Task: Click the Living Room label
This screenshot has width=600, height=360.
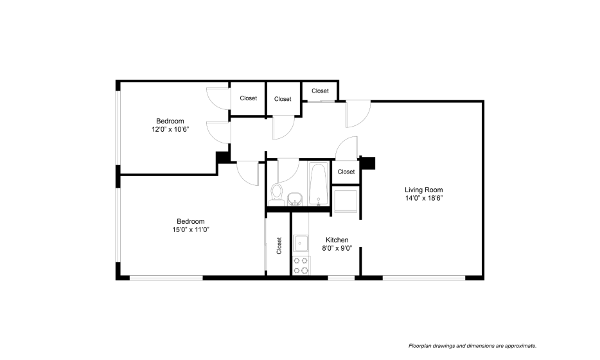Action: [x=423, y=190]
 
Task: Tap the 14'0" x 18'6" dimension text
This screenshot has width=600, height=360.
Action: [x=424, y=198]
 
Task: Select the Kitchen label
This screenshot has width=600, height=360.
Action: [x=337, y=240]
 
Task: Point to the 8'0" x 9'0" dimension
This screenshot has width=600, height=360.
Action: [x=337, y=248]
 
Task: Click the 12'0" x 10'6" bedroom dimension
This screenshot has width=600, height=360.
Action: [x=170, y=129]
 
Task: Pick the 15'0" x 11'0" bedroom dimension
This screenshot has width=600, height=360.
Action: [x=191, y=230]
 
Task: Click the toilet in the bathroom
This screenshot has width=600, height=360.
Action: [x=276, y=194]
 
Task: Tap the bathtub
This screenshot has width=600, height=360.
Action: [x=319, y=184]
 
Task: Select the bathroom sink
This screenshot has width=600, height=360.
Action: [x=294, y=199]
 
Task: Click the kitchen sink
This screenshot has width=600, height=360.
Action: [x=301, y=243]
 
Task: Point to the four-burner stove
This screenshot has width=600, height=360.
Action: [x=301, y=265]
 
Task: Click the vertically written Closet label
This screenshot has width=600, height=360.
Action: [x=279, y=246]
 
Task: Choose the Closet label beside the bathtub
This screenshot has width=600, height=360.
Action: [x=346, y=172]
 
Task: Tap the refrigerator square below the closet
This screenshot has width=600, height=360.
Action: [x=346, y=201]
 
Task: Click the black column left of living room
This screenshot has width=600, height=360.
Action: [x=367, y=163]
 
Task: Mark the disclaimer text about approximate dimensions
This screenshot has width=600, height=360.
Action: [x=473, y=346]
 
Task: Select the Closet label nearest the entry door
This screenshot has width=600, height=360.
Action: [x=320, y=91]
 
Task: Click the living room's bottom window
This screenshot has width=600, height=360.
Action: [x=424, y=278]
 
